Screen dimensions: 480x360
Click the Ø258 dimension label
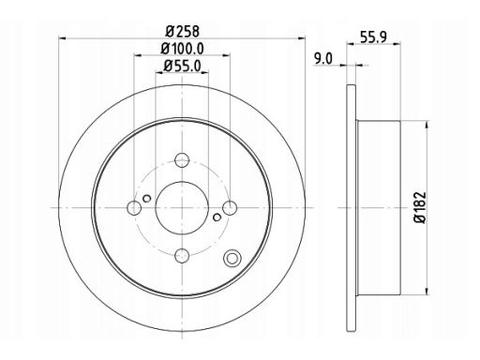[182, 31]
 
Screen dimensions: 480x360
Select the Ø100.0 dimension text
[182, 49]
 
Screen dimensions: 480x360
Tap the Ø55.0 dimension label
[182, 66]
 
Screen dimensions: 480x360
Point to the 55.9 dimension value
[373, 37]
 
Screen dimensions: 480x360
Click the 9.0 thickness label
[323, 59]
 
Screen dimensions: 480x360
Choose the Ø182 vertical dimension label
[421, 207]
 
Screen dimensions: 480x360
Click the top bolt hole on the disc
[182, 160]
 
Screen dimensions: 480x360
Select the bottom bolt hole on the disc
[182, 256]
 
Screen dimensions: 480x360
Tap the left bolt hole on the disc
[134, 208]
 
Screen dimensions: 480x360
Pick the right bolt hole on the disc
[230, 208]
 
